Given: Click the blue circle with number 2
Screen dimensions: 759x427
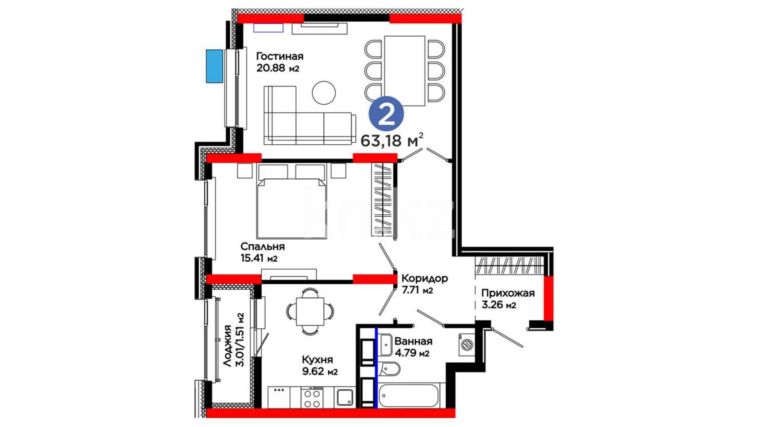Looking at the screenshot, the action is (x=386, y=113).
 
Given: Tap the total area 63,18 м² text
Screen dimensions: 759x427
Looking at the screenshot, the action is (x=392, y=140).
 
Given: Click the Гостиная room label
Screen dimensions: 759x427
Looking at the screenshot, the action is (x=280, y=56).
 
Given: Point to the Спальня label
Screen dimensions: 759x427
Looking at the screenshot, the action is (x=262, y=247).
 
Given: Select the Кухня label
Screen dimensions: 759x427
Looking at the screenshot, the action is (x=317, y=360).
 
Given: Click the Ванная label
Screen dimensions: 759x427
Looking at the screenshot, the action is (x=413, y=341).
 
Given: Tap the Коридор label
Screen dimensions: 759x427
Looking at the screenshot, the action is (x=425, y=278).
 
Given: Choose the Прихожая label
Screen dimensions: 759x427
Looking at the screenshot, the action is (x=508, y=293).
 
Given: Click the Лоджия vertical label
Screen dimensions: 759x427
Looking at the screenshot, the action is (x=227, y=346).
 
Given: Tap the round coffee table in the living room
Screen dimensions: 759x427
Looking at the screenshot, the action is (x=324, y=93).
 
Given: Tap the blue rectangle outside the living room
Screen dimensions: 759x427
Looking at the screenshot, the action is (x=214, y=66).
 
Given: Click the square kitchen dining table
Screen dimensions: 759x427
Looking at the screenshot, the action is (x=310, y=311).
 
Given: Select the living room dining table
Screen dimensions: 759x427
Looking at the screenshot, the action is (x=404, y=71).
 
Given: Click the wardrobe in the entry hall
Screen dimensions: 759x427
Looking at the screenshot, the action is (x=509, y=265).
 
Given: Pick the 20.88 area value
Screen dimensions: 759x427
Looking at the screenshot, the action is (x=271, y=68).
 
